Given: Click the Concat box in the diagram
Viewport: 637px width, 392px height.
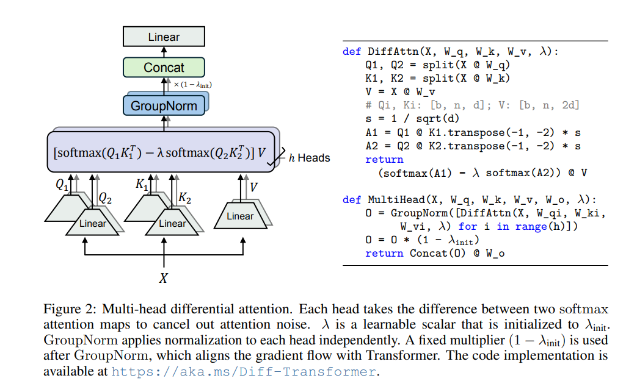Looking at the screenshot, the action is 164,67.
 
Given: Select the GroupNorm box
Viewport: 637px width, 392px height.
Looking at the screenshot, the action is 164,106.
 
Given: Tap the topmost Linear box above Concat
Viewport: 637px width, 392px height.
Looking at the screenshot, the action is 164,37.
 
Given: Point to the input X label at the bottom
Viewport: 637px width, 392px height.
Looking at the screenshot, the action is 163,278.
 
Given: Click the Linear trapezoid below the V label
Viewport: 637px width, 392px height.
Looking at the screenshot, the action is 240,216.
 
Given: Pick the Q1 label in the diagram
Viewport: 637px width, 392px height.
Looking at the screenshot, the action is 62,185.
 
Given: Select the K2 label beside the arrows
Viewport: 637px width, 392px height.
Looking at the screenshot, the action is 184,198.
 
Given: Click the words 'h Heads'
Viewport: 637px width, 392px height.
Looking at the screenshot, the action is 309,158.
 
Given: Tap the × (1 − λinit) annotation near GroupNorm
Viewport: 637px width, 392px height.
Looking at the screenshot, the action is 193,85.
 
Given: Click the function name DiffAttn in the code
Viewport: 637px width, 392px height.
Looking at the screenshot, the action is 393,51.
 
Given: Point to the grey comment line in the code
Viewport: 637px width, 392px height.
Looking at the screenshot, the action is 472,105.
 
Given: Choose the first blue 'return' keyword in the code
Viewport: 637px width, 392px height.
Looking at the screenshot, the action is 384,159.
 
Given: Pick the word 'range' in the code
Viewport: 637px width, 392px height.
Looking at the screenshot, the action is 531,227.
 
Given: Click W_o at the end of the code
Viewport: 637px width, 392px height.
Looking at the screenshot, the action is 495,254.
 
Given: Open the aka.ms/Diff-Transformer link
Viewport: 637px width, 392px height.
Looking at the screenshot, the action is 244,372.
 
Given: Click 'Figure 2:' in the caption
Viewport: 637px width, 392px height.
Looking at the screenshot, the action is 70,309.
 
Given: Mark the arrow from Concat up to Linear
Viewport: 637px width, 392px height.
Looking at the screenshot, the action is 164,52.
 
